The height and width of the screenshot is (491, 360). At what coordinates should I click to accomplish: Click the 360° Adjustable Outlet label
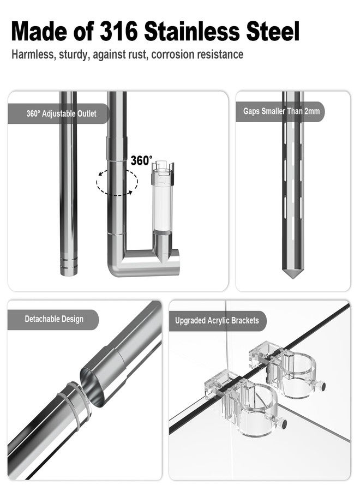(61, 114)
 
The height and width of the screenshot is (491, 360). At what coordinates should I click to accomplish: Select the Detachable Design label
(54, 319)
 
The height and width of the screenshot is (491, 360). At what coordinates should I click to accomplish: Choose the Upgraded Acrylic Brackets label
(217, 320)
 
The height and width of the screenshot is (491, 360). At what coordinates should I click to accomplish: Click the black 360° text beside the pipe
(141, 160)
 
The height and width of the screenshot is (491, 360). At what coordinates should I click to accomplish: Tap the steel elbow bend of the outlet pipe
(122, 264)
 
